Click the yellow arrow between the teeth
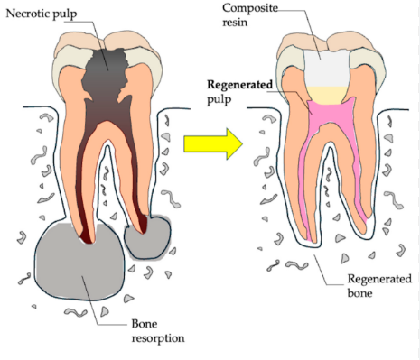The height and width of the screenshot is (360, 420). pyautogui.click(x=213, y=143)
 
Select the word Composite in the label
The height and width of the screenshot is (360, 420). pyautogui.click(x=250, y=8)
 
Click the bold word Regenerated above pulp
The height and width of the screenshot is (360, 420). pyautogui.click(x=239, y=85)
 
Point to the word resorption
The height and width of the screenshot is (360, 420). pyautogui.click(x=158, y=338)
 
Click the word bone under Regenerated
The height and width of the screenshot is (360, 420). pyautogui.click(x=359, y=293)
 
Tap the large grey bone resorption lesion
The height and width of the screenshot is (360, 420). pyautogui.click(x=79, y=263)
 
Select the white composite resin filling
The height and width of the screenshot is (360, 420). pyautogui.click(x=327, y=69)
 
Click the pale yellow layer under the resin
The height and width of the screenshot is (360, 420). pyautogui.click(x=327, y=96)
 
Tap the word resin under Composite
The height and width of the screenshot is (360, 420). pyautogui.click(x=235, y=23)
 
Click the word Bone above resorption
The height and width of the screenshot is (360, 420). pyautogui.click(x=145, y=324)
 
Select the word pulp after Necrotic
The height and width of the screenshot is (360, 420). pyautogui.click(x=65, y=14)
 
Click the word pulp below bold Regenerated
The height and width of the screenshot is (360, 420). pyautogui.click(x=219, y=100)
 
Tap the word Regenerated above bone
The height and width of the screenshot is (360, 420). pyautogui.click(x=379, y=279)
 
